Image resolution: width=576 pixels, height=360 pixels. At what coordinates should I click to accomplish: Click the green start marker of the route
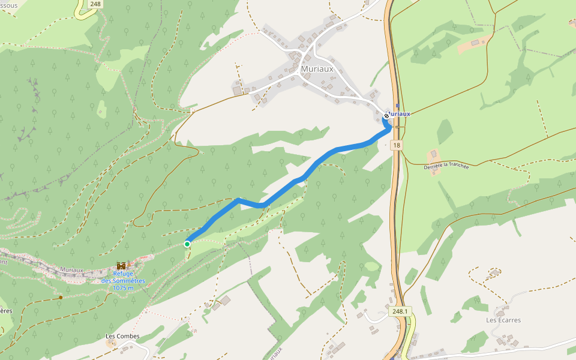tap(187, 244)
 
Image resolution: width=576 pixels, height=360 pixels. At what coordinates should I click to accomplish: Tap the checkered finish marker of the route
tap(386, 116)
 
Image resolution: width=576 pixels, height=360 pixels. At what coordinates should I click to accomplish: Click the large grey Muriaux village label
tap(316, 69)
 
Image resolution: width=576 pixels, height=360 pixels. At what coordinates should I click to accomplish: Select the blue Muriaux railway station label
tap(400, 113)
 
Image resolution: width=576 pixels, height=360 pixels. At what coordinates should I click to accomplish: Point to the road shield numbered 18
tap(397, 145)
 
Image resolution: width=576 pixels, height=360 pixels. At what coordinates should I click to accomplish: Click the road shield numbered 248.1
tap(400, 311)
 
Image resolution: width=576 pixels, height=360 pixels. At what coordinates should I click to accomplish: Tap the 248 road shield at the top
tap(94, 4)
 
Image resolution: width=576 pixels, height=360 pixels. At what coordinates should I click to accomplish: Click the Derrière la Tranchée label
tap(446, 166)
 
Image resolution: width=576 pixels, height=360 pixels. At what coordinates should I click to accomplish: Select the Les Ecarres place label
tap(503, 320)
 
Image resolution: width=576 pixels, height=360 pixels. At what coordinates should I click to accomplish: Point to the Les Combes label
tap(122, 335)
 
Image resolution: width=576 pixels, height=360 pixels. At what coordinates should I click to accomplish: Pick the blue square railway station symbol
tap(397, 106)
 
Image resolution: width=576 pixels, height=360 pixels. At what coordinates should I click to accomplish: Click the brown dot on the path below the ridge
tap(61, 297)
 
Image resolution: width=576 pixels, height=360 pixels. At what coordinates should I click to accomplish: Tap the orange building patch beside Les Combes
tap(112, 343)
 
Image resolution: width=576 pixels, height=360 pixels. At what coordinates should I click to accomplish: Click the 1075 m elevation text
tap(123, 288)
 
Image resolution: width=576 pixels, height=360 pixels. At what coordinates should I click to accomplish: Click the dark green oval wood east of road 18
tap(445, 131)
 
